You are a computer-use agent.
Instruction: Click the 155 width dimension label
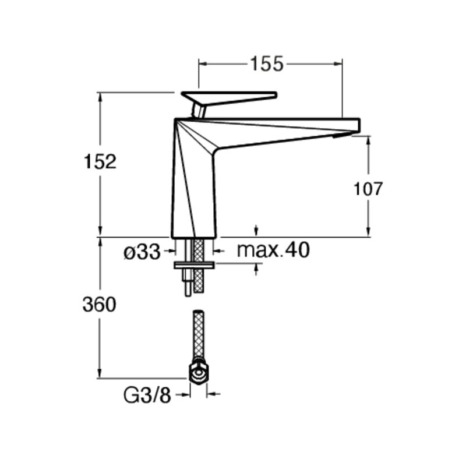(x=267, y=63)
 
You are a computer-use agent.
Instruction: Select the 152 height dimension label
(x=100, y=162)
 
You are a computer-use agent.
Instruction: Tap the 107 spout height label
(x=368, y=189)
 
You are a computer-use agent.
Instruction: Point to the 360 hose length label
(x=99, y=305)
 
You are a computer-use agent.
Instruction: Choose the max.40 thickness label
(x=273, y=250)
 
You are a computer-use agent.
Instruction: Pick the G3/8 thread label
(x=147, y=396)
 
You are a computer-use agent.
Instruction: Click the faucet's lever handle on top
(x=229, y=97)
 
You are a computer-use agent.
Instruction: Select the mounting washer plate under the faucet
(x=194, y=265)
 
